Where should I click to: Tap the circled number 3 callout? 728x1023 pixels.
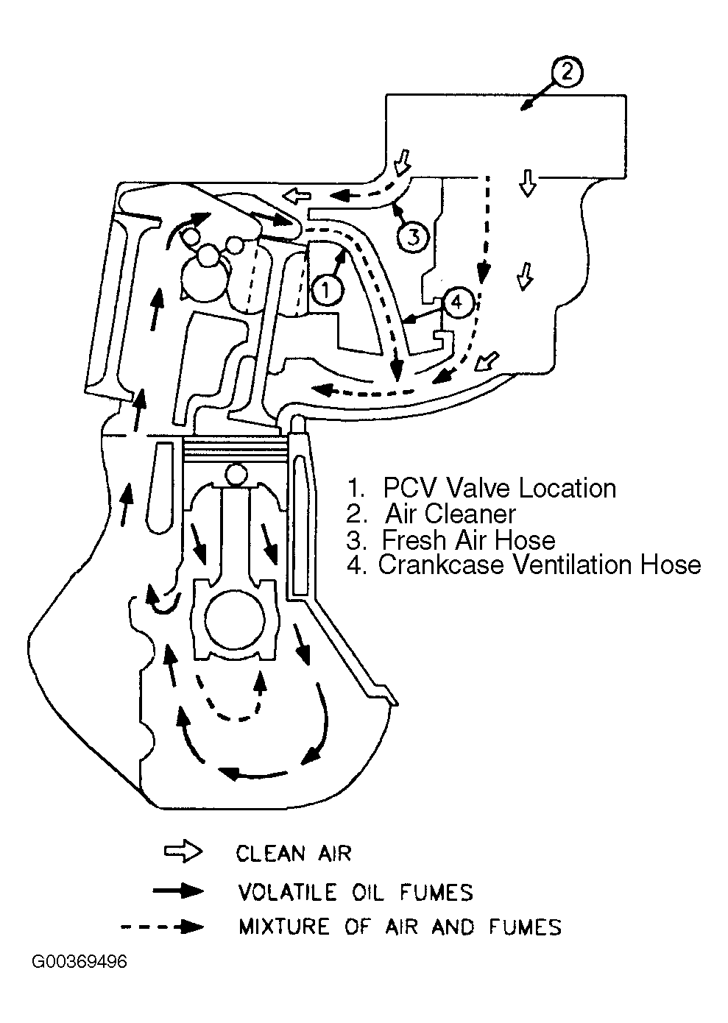pyautogui.click(x=413, y=237)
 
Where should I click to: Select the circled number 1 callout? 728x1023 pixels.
pyautogui.click(x=327, y=289)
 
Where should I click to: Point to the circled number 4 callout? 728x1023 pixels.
pyautogui.click(x=456, y=302)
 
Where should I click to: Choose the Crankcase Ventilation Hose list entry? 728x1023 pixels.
pyautogui.click(x=538, y=565)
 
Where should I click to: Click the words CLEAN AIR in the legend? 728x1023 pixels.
pyautogui.click(x=293, y=853)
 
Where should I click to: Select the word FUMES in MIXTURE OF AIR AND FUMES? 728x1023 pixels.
pyautogui.click(x=525, y=927)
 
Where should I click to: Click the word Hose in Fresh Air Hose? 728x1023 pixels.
pyautogui.click(x=526, y=539)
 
